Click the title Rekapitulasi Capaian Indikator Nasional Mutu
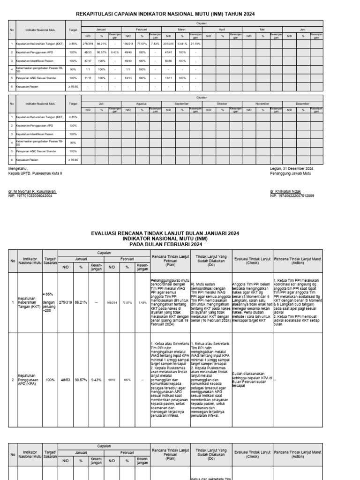click(x=165, y=15)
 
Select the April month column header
click(x=222, y=29)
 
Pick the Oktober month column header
click(x=222, y=104)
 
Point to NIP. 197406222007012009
click(x=292, y=196)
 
